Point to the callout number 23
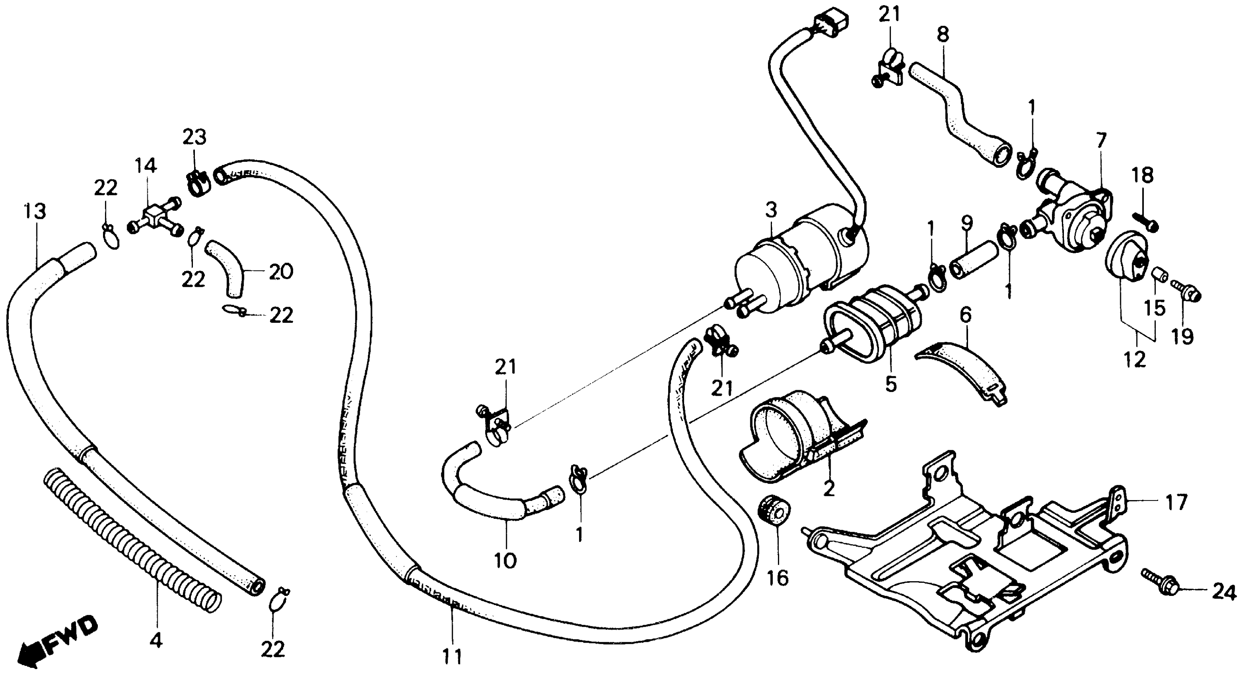pyautogui.click(x=195, y=137)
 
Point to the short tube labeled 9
pyautogui.click(x=971, y=260)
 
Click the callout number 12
pyautogui.click(x=1134, y=361)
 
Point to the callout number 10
pyautogui.click(x=505, y=561)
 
